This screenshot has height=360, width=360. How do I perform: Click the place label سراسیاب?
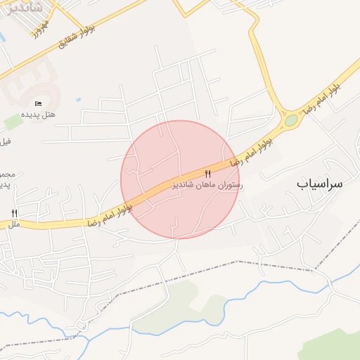319,184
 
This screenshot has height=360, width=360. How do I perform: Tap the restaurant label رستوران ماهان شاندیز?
207,184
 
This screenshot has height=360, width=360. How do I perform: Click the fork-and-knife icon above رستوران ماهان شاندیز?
207,174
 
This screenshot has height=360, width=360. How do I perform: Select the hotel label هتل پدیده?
38,114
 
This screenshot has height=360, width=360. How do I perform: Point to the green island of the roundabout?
291,120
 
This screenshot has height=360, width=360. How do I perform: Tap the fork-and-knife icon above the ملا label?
14,213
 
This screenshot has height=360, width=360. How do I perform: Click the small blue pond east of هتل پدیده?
77,99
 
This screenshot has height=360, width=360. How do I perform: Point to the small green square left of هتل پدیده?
13,122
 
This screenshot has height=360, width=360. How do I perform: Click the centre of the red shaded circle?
180,179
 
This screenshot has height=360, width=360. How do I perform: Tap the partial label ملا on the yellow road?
13,224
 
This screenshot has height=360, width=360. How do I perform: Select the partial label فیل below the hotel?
6,141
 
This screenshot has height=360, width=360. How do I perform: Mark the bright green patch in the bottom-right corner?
334,348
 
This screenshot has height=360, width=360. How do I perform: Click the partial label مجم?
6,174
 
